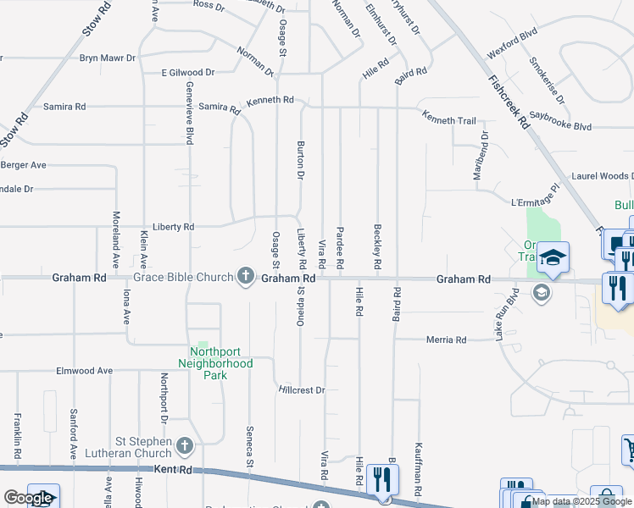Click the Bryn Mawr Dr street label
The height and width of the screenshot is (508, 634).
[x=108, y=58]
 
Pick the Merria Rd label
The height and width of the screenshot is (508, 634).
[x=446, y=340]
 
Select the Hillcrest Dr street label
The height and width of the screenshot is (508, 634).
[x=302, y=390]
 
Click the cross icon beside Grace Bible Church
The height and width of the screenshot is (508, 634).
[x=246, y=275]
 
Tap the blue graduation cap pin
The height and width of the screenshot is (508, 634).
[x=551, y=257]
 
